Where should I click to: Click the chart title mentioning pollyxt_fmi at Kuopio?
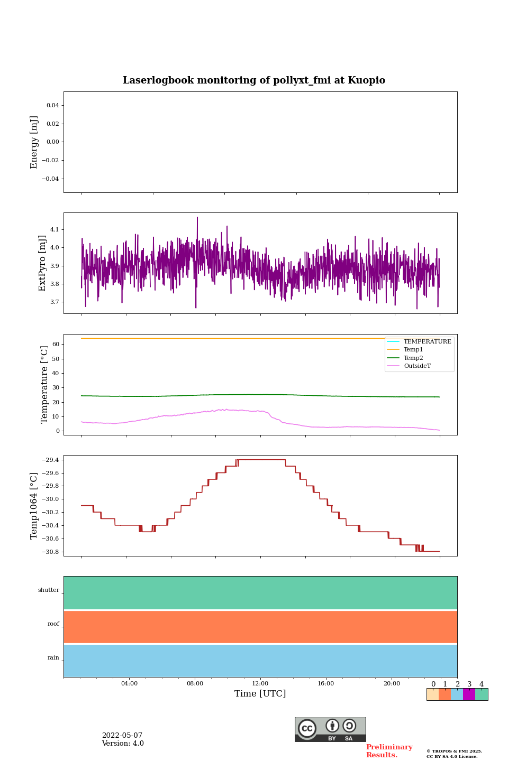[x=254, y=80]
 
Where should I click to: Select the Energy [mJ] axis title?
[x=34, y=142]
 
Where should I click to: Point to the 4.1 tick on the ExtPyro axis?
[x=55, y=229]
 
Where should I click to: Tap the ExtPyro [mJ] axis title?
[x=43, y=263]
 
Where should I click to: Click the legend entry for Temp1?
[x=413, y=350]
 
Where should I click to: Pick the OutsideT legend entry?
[x=417, y=366]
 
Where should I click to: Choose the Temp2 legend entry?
[x=413, y=358]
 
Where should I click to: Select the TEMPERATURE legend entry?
[x=427, y=342]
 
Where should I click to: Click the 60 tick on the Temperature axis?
[x=55, y=345]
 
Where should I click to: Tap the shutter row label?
[x=49, y=590]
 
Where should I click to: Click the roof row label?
[x=53, y=624]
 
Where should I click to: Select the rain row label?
[x=53, y=658]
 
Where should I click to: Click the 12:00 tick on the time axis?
[x=260, y=684]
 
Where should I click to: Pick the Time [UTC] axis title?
[x=260, y=694]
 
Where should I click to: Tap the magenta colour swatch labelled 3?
[x=469, y=694]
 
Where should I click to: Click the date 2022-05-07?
[x=122, y=736]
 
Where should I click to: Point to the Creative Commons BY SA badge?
[x=330, y=729]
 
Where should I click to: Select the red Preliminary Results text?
[x=389, y=751]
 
